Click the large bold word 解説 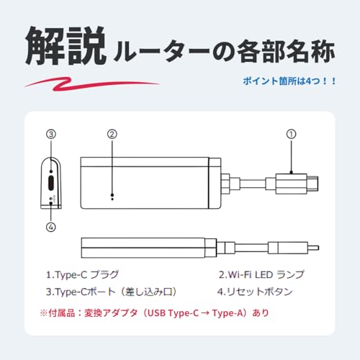tap(64, 48)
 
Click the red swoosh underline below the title tap(94, 82)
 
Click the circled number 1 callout tap(291, 133)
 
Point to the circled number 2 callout tap(111, 133)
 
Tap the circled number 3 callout tap(50, 133)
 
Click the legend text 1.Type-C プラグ tap(82, 275)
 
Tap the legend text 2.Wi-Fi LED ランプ tap(261, 275)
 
